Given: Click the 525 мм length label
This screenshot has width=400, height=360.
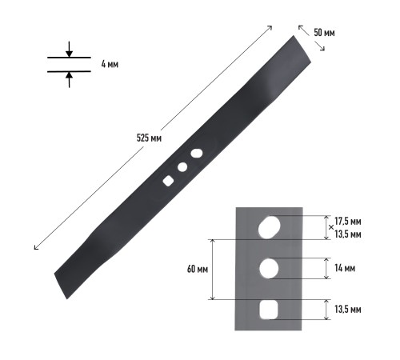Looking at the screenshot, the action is click(x=149, y=138).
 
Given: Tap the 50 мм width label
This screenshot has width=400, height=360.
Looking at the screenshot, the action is click(x=324, y=33).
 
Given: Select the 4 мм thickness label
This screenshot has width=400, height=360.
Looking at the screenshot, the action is click(x=110, y=64).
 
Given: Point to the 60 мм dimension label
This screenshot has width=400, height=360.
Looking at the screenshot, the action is click(x=198, y=269).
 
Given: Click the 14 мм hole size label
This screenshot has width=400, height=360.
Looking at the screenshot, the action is click(x=345, y=268).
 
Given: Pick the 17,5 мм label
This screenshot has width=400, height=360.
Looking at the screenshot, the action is click(x=348, y=221).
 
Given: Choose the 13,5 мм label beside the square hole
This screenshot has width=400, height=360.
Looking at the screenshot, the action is click(x=348, y=310).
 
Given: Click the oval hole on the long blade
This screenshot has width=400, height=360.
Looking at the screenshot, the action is click(x=197, y=154).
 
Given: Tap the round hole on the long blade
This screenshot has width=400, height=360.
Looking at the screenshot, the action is click(x=182, y=167).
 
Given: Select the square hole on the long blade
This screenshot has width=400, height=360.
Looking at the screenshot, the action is click(x=168, y=181).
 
